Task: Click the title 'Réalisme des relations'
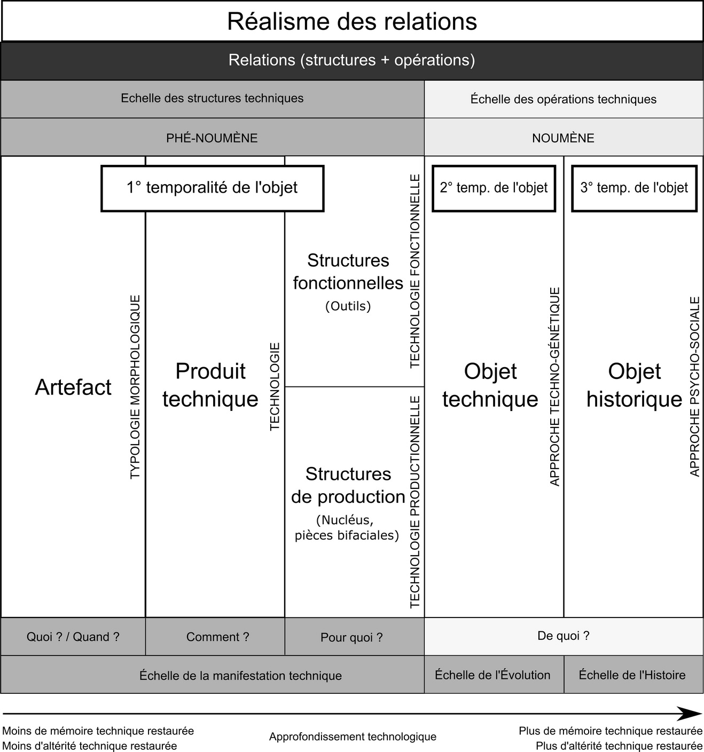[x=351, y=22]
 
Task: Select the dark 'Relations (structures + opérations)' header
[x=351, y=60]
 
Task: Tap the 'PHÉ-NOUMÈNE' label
[x=212, y=138]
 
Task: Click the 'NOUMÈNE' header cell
[x=563, y=138]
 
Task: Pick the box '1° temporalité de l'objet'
[x=212, y=188]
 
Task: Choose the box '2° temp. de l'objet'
[x=494, y=188]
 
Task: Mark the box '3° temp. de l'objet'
[x=634, y=188]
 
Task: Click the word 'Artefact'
[x=73, y=387]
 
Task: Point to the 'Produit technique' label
[x=210, y=385]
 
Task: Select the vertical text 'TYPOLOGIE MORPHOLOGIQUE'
[x=135, y=387]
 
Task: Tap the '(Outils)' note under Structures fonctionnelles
[x=348, y=306]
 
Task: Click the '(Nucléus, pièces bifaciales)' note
[x=347, y=528]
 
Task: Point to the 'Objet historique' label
[x=634, y=385]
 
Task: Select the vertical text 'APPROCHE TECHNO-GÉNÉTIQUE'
[x=555, y=387]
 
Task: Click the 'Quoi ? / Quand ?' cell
[x=73, y=637]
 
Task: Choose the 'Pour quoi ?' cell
[x=351, y=637]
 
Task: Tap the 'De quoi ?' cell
[x=563, y=636]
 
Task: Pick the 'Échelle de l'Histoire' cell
[x=632, y=675]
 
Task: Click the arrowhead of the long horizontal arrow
[x=692, y=714]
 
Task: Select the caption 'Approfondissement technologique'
[x=353, y=737]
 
